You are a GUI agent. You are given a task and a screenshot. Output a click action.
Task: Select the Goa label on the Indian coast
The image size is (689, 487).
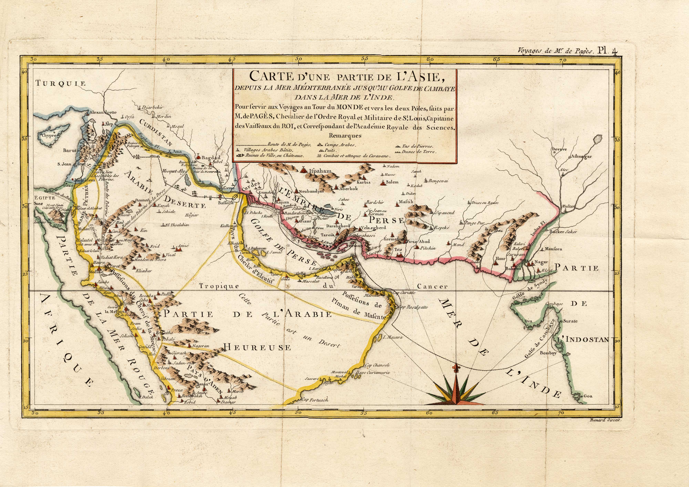(x=588, y=396)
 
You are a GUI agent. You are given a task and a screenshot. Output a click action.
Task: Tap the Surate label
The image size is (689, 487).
(x=570, y=321)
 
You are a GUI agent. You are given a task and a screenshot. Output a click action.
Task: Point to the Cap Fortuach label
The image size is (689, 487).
(x=315, y=400)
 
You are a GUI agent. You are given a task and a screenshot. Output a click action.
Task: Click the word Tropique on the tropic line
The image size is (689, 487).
(x=219, y=286)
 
